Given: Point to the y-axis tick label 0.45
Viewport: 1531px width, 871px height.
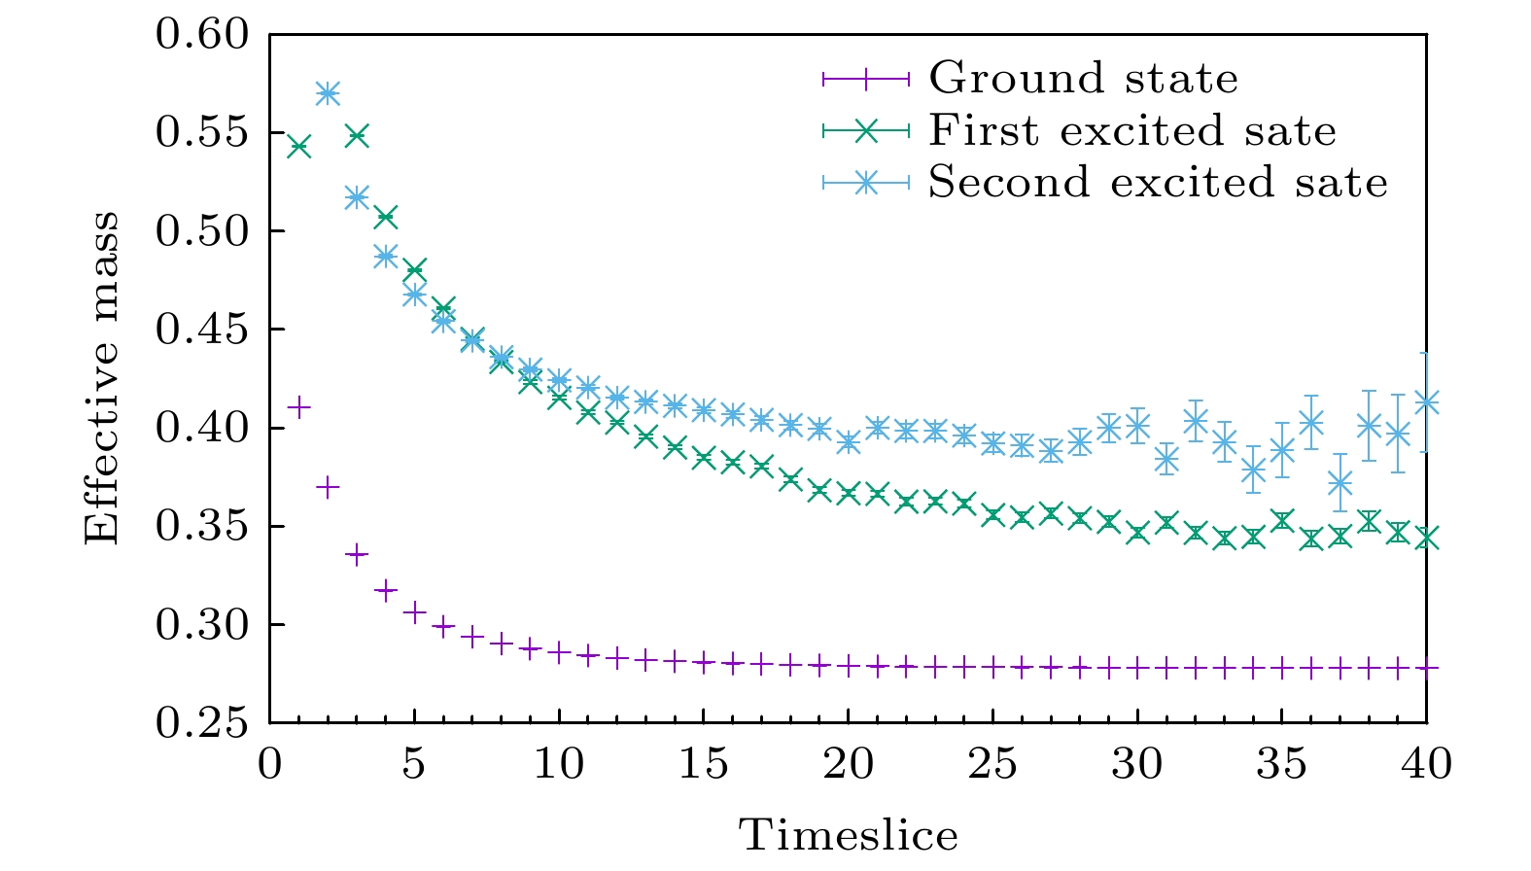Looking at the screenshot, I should (202, 330).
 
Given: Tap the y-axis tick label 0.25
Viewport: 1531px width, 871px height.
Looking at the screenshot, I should (202, 723).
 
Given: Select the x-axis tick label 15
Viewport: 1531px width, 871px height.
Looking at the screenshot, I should (703, 764).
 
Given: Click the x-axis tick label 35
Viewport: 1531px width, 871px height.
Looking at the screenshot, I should (1281, 764).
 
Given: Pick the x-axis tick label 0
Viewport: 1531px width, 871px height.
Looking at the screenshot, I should (270, 764).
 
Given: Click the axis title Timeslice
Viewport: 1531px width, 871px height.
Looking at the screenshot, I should (849, 835).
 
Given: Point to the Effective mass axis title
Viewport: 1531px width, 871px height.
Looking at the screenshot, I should (101, 378).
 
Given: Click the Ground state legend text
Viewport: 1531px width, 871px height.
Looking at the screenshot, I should (1083, 78).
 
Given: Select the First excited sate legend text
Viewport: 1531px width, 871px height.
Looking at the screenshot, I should (1132, 130).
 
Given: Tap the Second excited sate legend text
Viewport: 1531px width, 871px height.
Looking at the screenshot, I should (1158, 182).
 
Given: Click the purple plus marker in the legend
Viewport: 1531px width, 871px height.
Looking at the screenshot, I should (866, 78).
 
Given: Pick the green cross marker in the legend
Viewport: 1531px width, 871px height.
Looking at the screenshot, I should (866, 130).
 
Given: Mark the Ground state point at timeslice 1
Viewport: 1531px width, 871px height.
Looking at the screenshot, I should (299, 406).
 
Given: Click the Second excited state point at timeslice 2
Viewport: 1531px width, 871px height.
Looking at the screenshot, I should (328, 93).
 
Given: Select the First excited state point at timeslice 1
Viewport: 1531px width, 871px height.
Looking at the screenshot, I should (299, 147).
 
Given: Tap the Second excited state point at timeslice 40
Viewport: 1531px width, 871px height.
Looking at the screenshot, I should (1426, 401).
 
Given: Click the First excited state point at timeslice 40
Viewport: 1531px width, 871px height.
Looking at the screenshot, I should (1426, 538).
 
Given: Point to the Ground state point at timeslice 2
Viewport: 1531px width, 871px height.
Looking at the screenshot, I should (328, 487).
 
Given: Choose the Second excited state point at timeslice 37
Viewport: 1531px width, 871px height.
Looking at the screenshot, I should (1340, 482).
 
